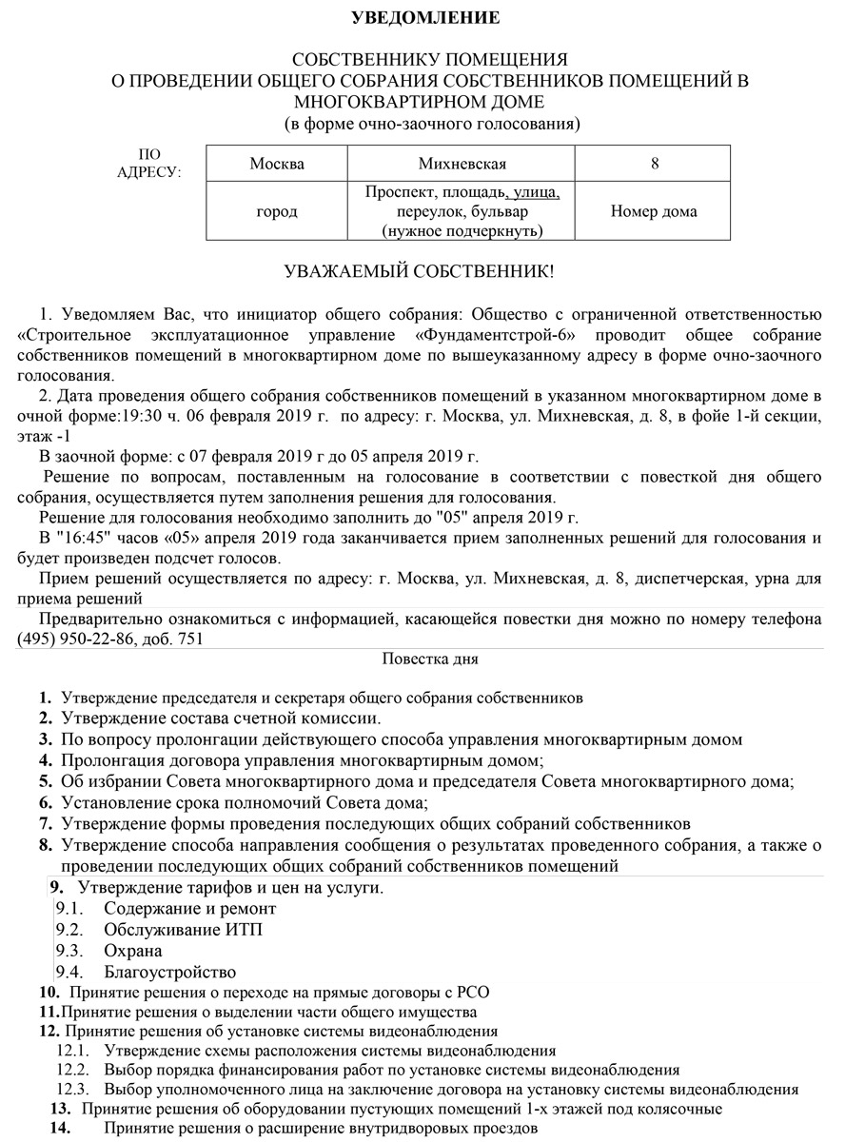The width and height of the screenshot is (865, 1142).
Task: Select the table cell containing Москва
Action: [277, 164]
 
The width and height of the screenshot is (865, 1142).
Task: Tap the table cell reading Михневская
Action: [462, 164]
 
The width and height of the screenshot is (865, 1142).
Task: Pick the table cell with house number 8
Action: [654, 164]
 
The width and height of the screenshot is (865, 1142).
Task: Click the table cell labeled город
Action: [277, 211]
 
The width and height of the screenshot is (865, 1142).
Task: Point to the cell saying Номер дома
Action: [654, 211]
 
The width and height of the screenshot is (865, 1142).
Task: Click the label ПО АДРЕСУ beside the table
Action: [149, 164]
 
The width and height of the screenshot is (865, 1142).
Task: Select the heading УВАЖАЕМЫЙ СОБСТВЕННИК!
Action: [419, 272]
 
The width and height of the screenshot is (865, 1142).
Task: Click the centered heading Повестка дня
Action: [430, 659]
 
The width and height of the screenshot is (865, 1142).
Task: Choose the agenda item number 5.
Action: [45, 781]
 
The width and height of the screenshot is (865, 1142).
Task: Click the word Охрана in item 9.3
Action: [133, 951]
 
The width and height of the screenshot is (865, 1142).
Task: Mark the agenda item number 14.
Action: [60, 1128]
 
